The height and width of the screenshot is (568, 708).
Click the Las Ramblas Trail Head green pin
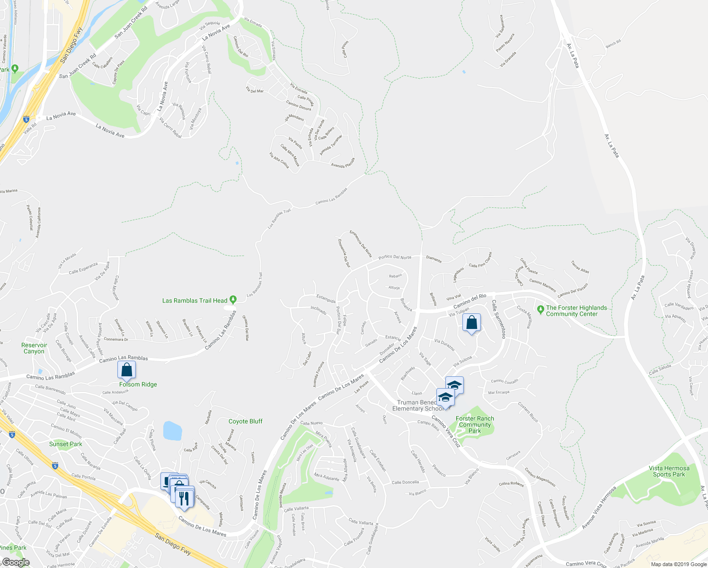tap(233, 300)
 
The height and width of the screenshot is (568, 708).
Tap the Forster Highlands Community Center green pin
tap(540, 310)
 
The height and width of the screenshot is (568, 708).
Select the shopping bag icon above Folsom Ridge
tap(126, 370)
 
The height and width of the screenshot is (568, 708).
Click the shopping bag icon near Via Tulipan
tap(471, 323)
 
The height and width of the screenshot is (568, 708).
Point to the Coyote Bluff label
tap(245, 421)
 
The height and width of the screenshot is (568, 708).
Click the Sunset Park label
tap(66, 444)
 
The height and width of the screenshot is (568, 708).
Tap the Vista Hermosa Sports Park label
tap(669, 471)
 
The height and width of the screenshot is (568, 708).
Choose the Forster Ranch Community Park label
tap(475, 425)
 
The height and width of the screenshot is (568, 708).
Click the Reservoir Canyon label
tap(34, 348)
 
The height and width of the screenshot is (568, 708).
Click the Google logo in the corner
tap(16, 562)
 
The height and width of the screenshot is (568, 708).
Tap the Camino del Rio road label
tap(470, 301)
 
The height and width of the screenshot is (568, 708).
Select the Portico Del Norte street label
tap(395, 257)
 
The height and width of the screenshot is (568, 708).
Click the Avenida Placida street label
tap(343, 165)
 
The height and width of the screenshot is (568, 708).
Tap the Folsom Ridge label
tap(138, 384)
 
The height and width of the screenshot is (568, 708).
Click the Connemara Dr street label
tap(116, 339)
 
